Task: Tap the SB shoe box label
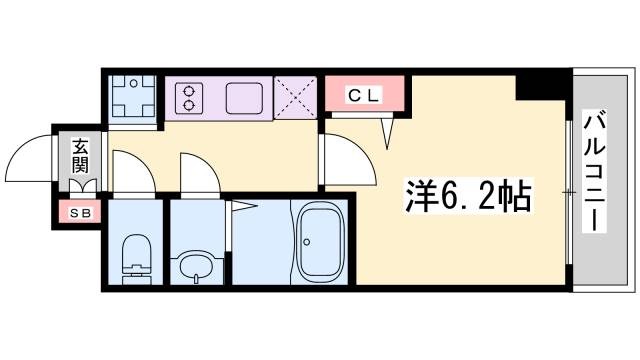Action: [x=78, y=212]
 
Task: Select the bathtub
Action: [x=322, y=243]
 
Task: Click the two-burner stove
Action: [x=187, y=98]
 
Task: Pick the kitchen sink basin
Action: [x=245, y=98]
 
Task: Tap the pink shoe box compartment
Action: [x=78, y=212]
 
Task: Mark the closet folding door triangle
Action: [x=389, y=129]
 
